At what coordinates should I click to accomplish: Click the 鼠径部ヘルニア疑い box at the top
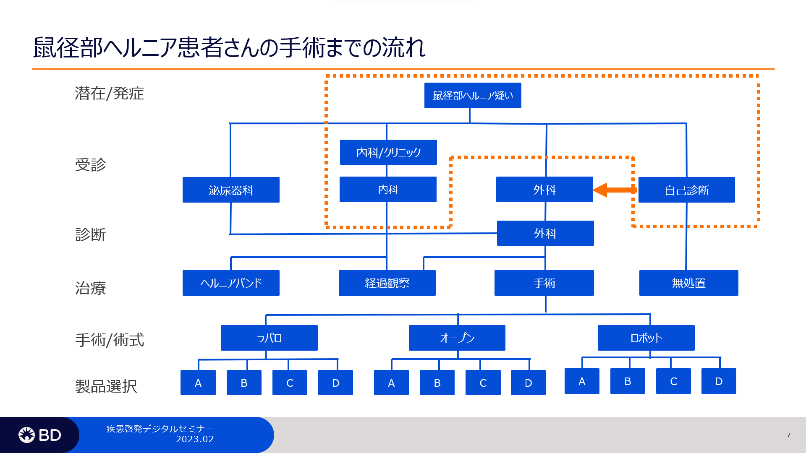(473, 95)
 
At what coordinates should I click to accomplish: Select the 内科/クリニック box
(388, 152)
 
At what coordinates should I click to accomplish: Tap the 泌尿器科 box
(231, 190)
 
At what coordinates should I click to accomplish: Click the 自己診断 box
(687, 190)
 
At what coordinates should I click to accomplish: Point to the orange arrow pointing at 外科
(615, 190)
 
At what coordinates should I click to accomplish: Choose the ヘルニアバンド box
(231, 283)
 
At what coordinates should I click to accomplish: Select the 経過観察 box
(387, 283)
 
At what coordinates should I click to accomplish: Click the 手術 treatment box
(544, 283)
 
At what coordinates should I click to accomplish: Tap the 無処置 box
(689, 283)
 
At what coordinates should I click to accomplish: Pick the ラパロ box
(269, 338)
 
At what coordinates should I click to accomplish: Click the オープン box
(457, 338)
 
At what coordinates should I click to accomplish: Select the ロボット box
(646, 338)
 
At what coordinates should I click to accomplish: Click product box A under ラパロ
(198, 383)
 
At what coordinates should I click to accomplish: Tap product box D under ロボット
(719, 381)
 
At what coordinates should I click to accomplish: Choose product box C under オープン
(483, 383)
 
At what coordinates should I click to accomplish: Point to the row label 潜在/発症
(110, 93)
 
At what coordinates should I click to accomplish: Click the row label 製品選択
(106, 386)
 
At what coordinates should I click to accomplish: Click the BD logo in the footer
(40, 435)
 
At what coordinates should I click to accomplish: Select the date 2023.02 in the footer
(195, 439)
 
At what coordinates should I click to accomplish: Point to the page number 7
(789, 435)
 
